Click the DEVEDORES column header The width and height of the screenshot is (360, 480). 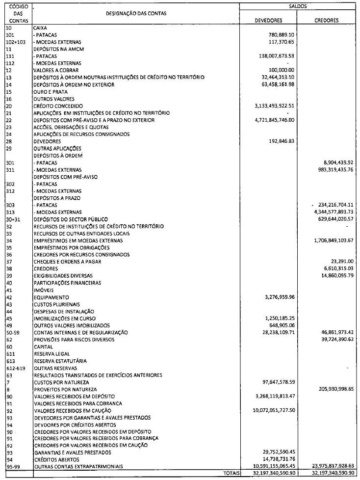[x=269, y=21]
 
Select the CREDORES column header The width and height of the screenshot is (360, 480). [x=327, y=21]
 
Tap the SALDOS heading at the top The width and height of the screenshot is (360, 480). [x=298, y=6]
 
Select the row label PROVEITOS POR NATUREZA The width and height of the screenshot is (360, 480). [x=64, y=389]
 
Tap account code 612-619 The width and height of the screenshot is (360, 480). [x=14, y=368]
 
